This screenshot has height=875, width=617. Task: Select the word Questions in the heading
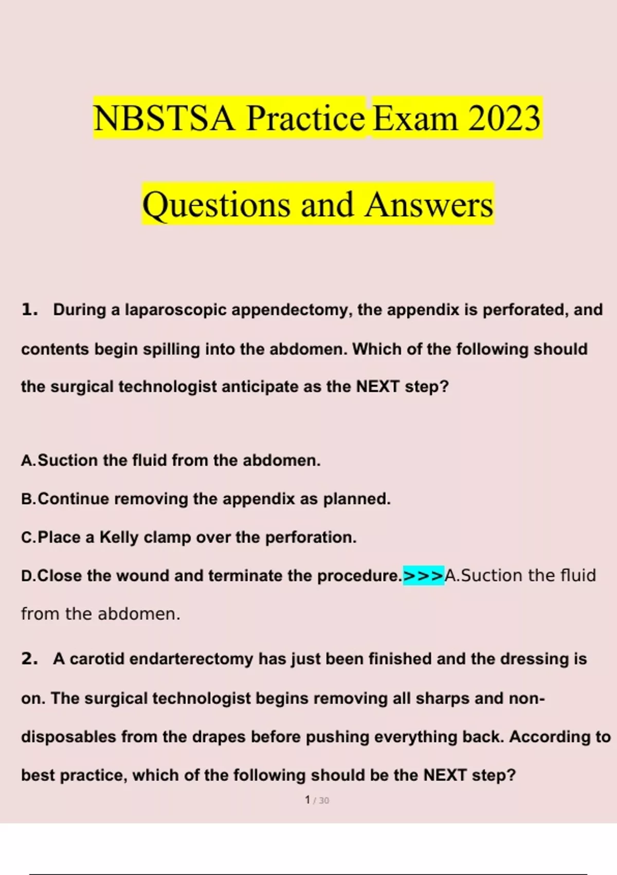coord(216,204)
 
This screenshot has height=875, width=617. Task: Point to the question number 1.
coord(29,309)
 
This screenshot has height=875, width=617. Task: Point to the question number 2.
coord(29,659)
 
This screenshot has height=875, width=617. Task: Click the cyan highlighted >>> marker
coord(423,575)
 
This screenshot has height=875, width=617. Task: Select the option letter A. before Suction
coord(29,460)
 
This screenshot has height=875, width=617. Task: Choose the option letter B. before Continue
coord(29,499)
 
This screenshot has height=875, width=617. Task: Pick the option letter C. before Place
coord(29,537)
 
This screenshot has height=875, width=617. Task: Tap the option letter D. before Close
coord(29,575)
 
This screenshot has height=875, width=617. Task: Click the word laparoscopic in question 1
coord(175,310)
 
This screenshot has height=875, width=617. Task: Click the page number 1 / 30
coord(317,800)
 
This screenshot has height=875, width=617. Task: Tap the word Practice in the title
coord(305,118)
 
